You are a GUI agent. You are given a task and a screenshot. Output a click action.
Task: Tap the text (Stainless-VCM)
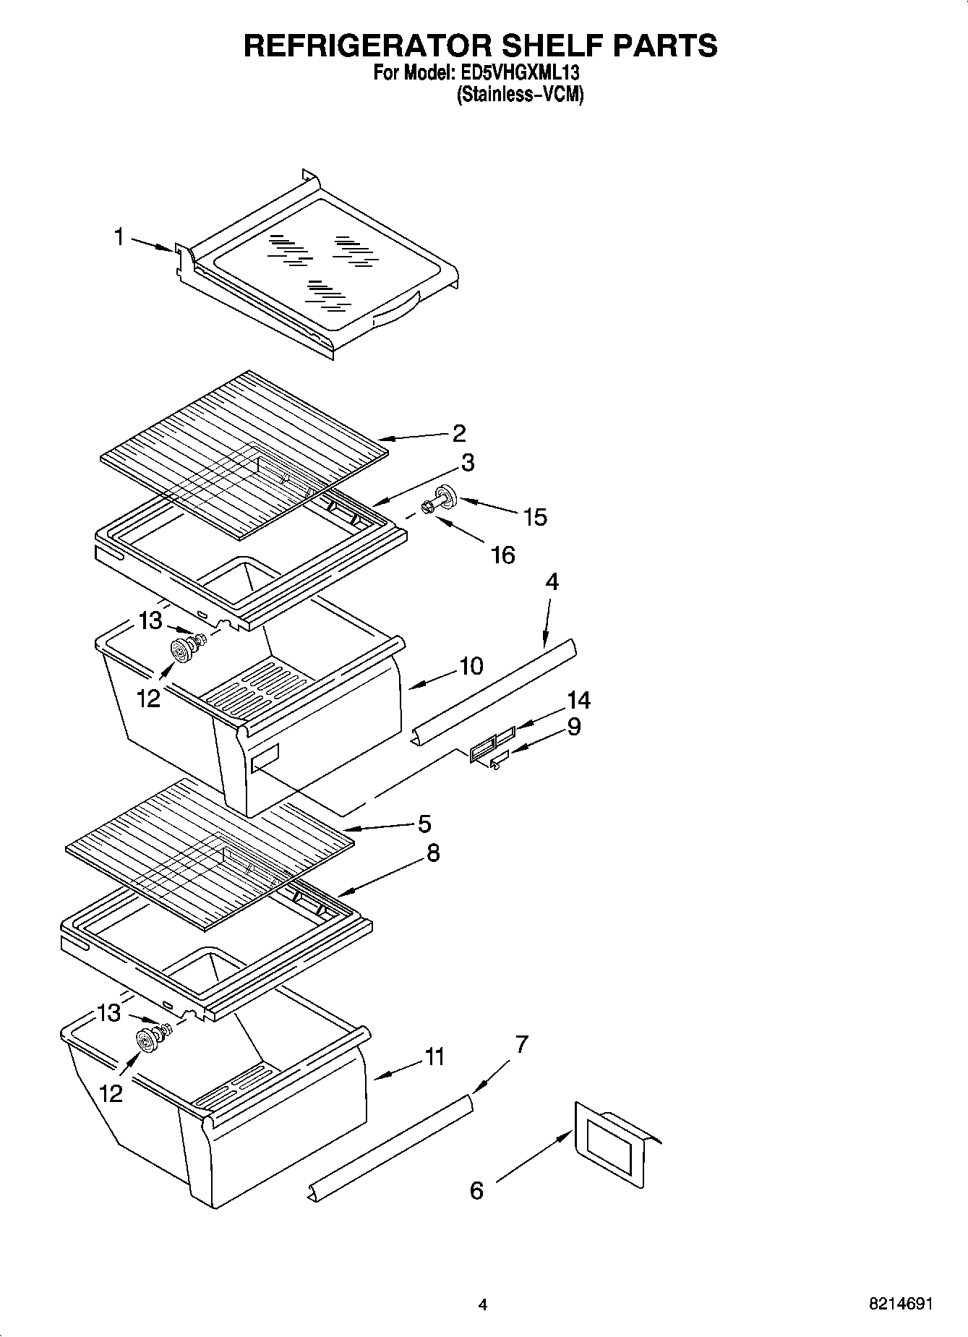click(519, 95)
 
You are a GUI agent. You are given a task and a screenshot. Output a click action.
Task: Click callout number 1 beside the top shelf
click(119, 236)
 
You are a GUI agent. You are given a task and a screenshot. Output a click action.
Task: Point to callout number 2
click(459, 432)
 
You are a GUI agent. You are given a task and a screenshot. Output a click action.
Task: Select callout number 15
click(536, 517)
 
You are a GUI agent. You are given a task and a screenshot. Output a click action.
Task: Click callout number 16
click(502, 555)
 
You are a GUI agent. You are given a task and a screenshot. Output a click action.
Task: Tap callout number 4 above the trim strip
click(552, 581)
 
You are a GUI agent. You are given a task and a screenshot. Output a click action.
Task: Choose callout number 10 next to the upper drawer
click(471, 665)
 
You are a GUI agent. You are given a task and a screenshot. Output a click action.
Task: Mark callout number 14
click(578, 699)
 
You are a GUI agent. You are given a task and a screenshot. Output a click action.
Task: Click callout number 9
click(573, 726)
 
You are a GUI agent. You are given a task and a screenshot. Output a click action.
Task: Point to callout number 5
click(424, 824)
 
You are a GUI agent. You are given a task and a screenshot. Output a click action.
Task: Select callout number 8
click(432, 853)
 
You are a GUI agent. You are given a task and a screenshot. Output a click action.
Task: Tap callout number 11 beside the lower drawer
click(434, 1056)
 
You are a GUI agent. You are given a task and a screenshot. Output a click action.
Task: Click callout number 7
click(521, 1043)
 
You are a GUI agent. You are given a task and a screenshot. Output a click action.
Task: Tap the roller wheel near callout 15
click(445, 499)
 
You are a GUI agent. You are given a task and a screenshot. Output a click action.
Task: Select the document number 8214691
click(900, 1304)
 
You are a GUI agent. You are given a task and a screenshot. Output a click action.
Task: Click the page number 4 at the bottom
click(483, 1304)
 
